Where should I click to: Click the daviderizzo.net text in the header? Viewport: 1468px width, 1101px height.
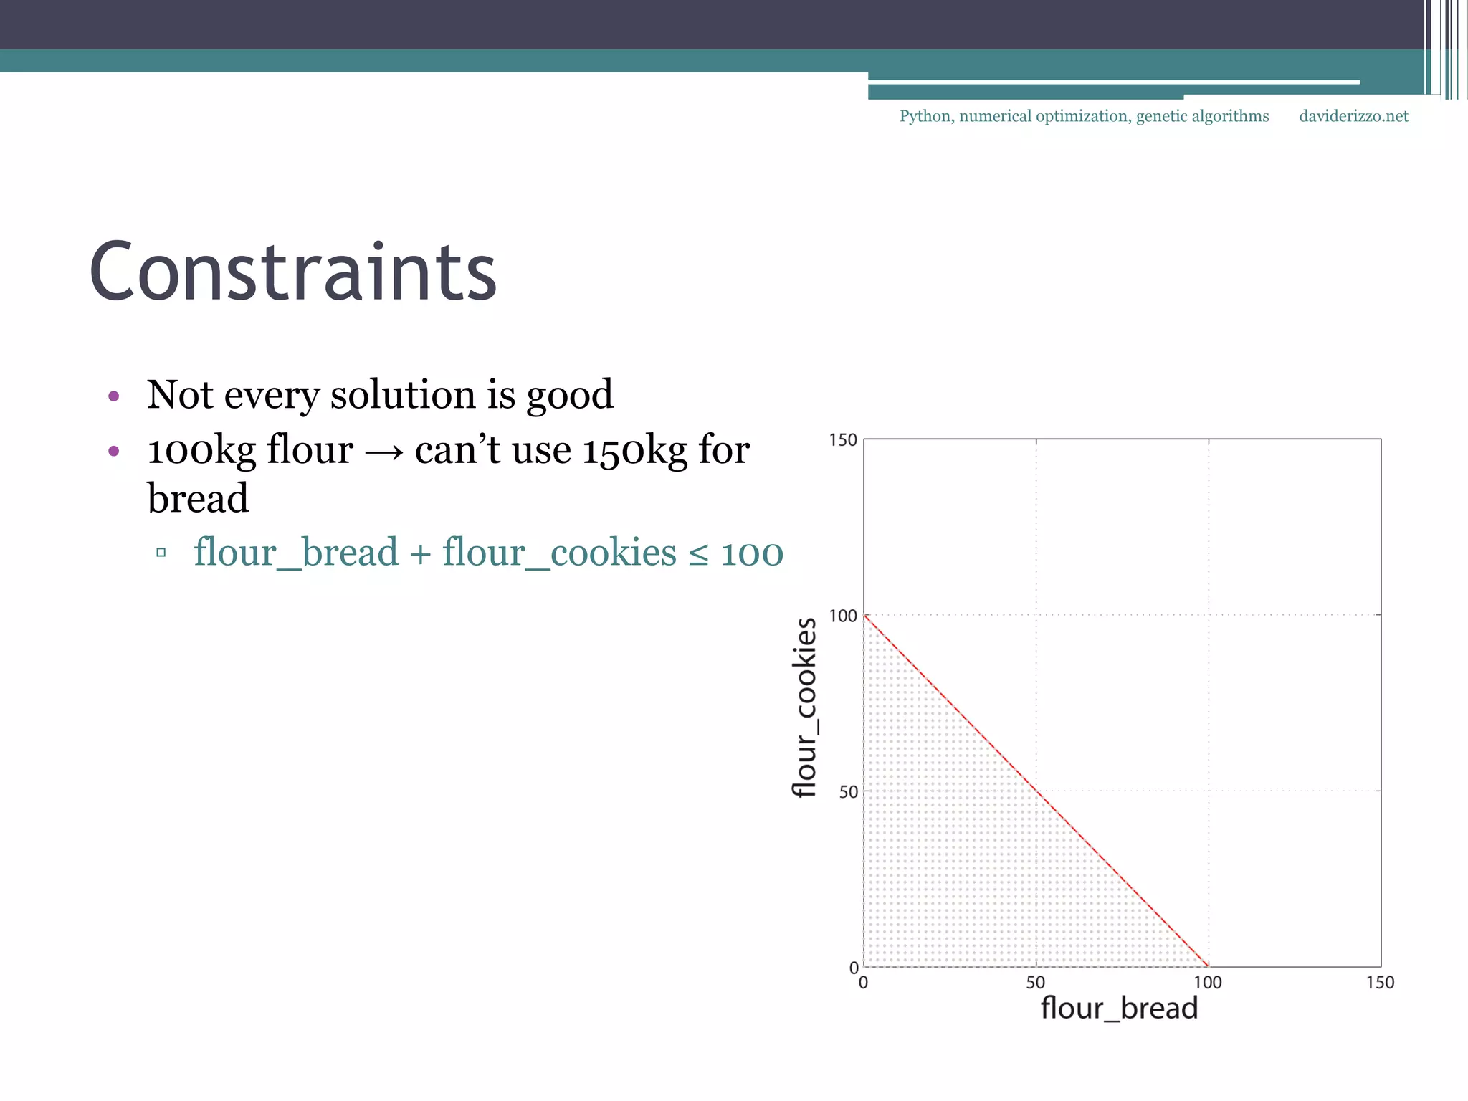(x=1353, y=116)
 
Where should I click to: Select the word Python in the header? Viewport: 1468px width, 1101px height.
(x=925, y=117)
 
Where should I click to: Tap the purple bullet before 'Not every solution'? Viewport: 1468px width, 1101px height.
(x=113, y=396)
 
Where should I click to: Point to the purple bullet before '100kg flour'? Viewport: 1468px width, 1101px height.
(x=113, y=451)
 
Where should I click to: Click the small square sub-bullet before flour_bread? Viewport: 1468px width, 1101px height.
(x=161, y=553)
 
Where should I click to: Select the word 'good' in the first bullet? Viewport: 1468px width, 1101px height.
(x=570, y=396)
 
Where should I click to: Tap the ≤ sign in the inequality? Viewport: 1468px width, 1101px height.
(x=698, y=554)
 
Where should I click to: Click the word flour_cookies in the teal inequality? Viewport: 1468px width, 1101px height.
(x=559, y=553)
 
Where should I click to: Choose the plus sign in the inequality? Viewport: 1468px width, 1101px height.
(x=420, y=554)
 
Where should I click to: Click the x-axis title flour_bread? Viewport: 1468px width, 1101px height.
(x=1119, y=1009)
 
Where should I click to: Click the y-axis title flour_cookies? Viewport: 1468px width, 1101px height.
(x=805, y=707)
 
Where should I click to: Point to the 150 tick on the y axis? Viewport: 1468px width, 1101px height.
(x=843, y=440)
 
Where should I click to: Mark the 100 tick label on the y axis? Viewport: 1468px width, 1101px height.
(x=843, y=616)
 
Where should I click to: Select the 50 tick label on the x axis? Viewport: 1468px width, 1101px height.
(x=1036, y=983)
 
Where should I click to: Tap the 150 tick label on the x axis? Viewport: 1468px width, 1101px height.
(x=1380, y=983)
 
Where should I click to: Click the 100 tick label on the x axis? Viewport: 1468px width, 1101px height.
(x=1208, y=983)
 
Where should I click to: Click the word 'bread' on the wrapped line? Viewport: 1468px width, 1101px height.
(x=198, y=498)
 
